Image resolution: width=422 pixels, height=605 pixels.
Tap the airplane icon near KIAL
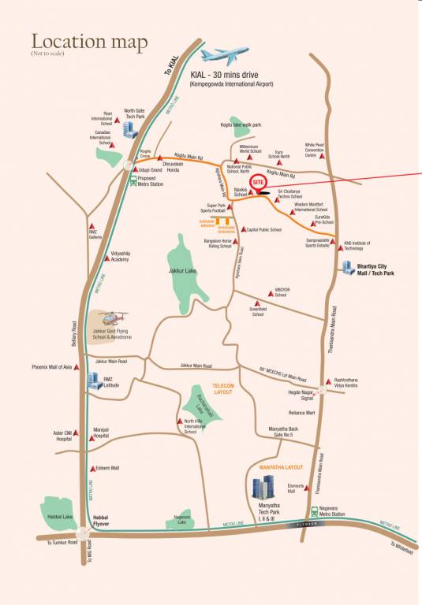click(x=223, y=56)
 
